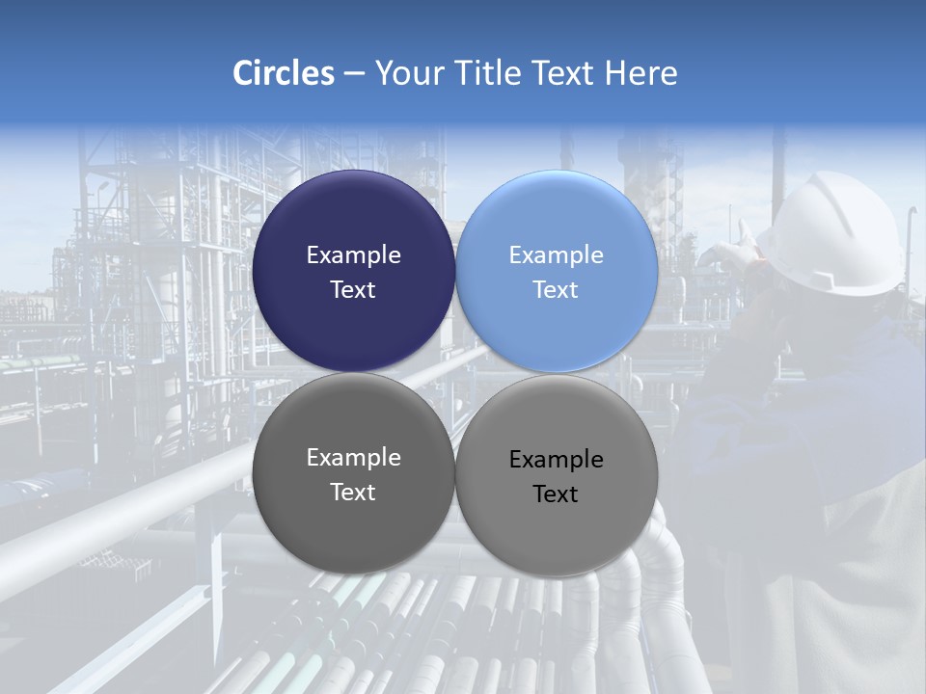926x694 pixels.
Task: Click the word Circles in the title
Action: pos(284,73)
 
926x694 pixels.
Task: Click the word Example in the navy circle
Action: pos(353,255)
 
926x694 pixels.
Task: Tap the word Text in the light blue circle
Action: pos(556,290)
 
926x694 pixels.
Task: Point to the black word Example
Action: pos(556,460)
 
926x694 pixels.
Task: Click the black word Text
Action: pos(556,494)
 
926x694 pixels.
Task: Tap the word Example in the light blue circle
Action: pos(556,255)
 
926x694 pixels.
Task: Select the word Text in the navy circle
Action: pos(353,290)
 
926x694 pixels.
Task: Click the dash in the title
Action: pos(354,74)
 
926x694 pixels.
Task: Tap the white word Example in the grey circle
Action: pos(353,458)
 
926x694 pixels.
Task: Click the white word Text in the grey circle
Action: pos(353,493)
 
